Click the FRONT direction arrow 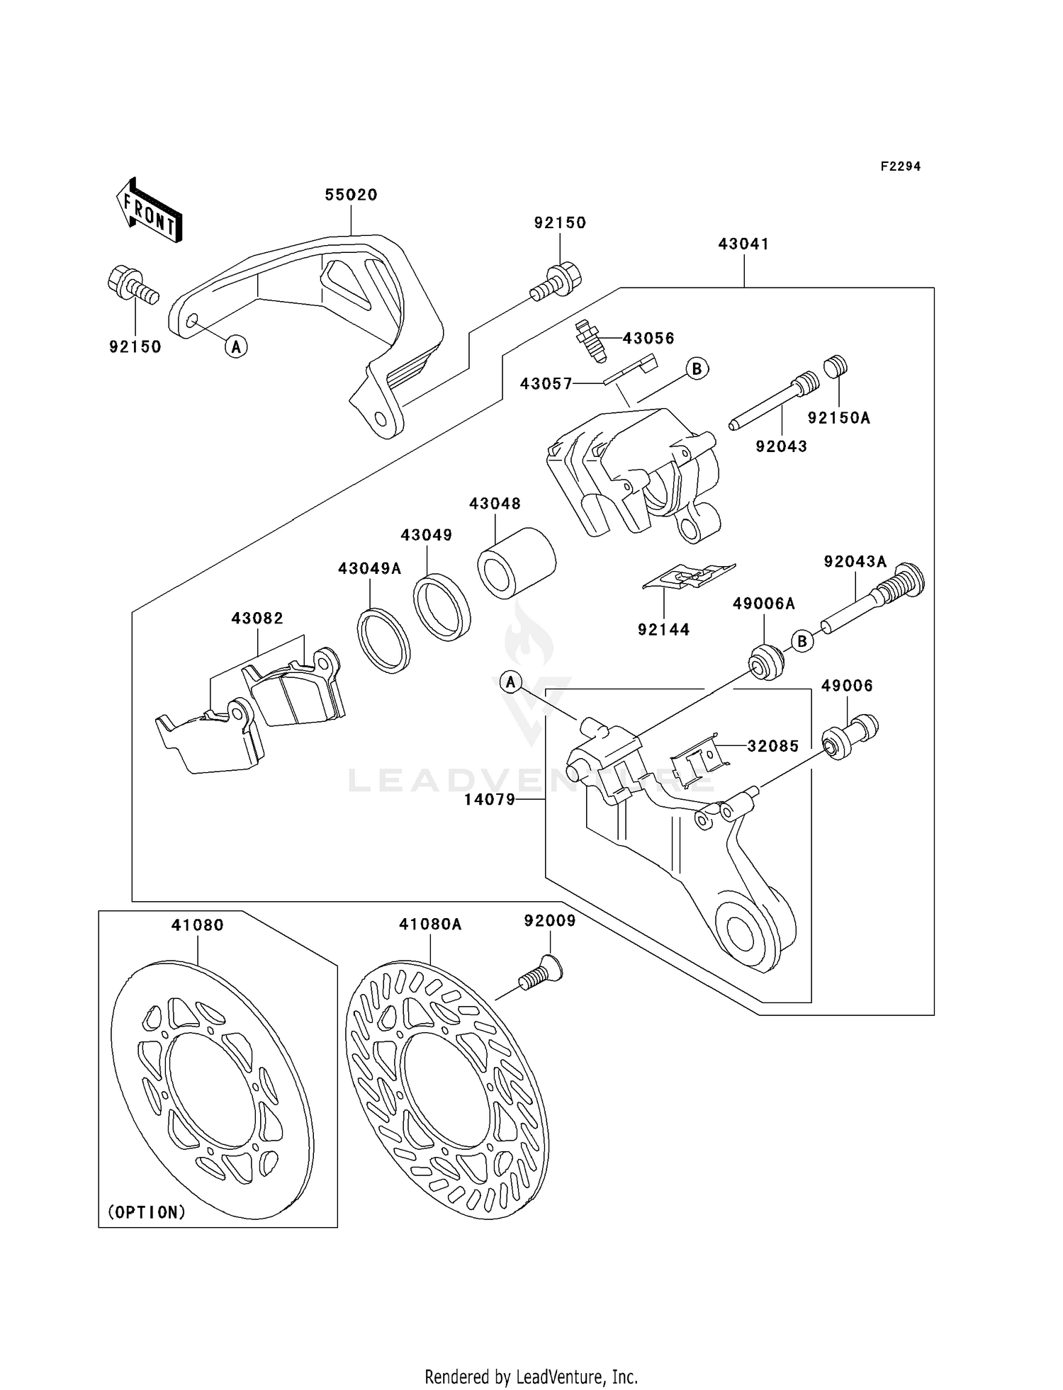pos(149,210)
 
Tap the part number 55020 pos(351,195)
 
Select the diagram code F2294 pos(900,166)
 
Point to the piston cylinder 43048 pos(517,563)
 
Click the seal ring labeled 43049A pos(383,640)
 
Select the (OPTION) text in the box pos(147,1212)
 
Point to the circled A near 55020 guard pos(236,346)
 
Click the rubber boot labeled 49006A pos(766,662)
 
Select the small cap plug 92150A pos(836,367)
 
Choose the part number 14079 pos(490,800)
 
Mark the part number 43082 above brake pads pos(257,618)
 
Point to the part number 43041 pos(743,244)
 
